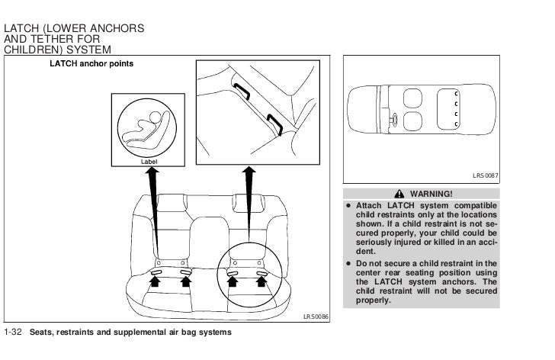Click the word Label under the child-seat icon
(x=149, y=162)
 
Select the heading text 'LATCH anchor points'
(x=91, y=63)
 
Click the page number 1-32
(x=14, y=333)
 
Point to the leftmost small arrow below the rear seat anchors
(x=156, y=281)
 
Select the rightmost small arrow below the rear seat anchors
(x=262, y=281)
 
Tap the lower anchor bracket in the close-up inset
(x=276, y=121)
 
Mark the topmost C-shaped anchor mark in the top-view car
(x=455, y=92)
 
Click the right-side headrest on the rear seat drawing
(x=246, y=201)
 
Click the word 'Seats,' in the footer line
(x=43, y=333)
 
